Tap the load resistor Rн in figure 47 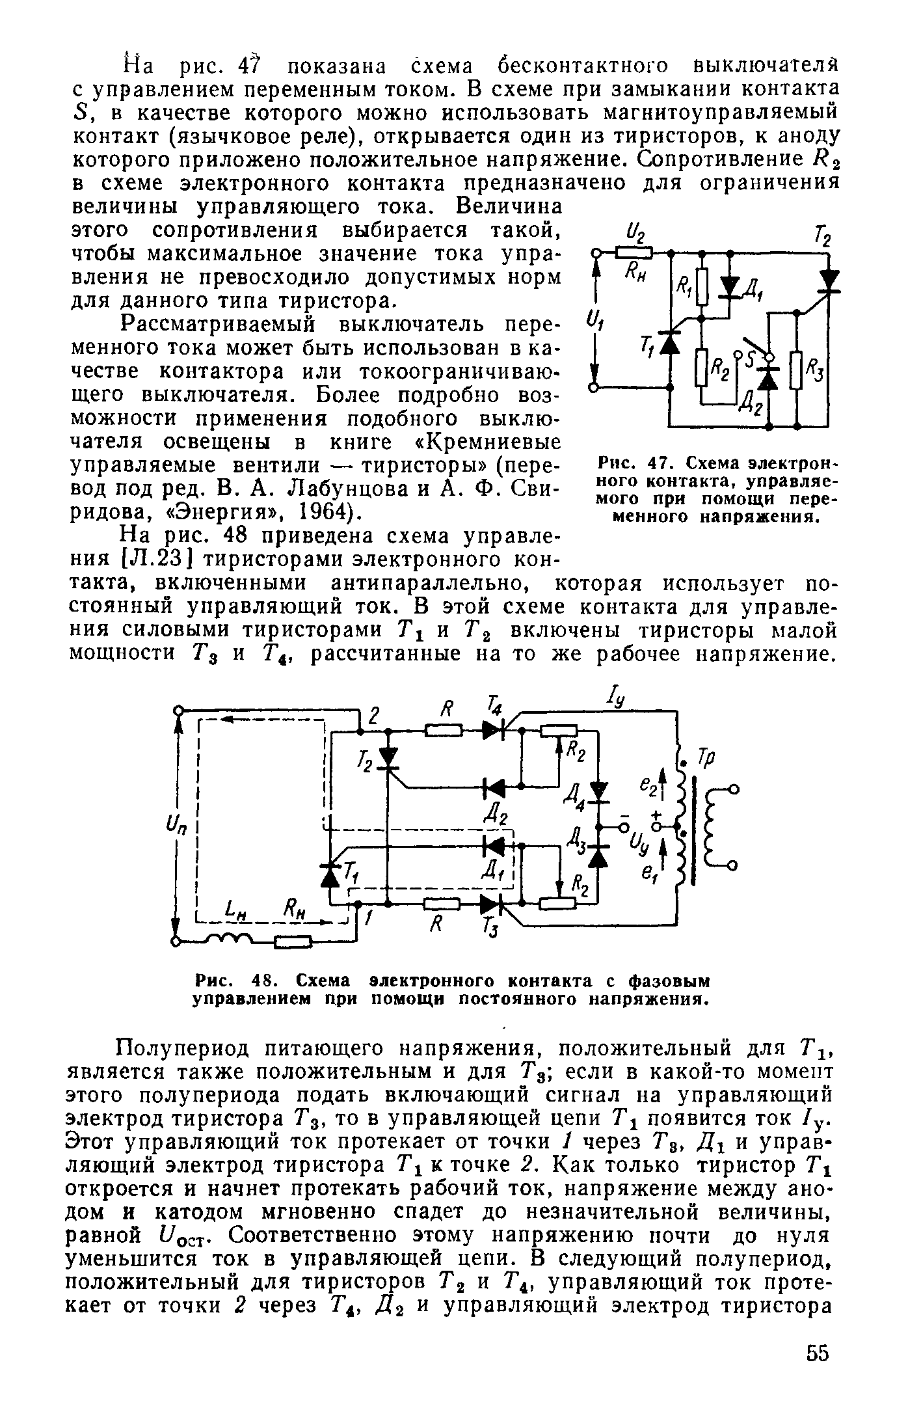634,251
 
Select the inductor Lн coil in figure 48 224,938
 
